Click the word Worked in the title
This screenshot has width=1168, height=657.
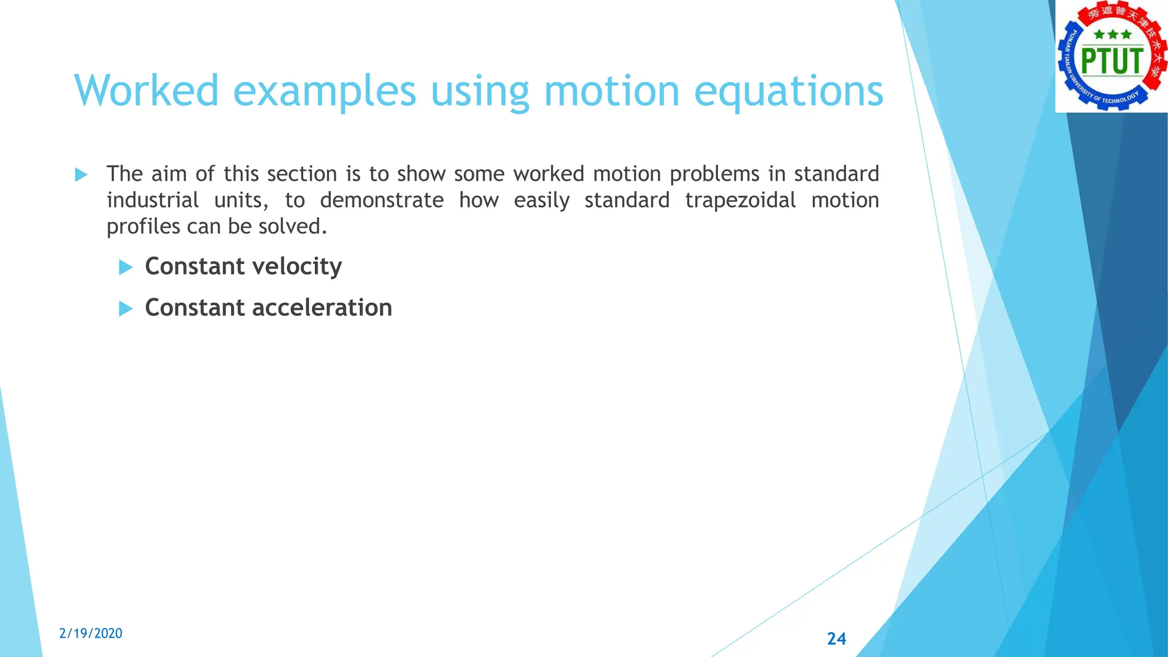147,90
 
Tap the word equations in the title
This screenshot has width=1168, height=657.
788,91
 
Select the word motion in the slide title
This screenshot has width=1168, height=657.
611,90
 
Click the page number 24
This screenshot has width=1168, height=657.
836,638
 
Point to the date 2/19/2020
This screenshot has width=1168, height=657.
91,633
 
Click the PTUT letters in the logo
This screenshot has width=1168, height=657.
1112,61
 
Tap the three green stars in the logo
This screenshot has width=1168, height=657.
1112,35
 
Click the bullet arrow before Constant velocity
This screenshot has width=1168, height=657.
125,267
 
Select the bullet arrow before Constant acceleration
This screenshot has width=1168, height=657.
125,309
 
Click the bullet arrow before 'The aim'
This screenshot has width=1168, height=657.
81,175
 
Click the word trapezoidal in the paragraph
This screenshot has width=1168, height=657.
740,201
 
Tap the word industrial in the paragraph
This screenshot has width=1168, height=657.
152,200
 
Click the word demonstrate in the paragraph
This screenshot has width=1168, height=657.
381,200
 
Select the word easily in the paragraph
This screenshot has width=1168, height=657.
541,201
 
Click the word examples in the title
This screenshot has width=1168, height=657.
325,91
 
